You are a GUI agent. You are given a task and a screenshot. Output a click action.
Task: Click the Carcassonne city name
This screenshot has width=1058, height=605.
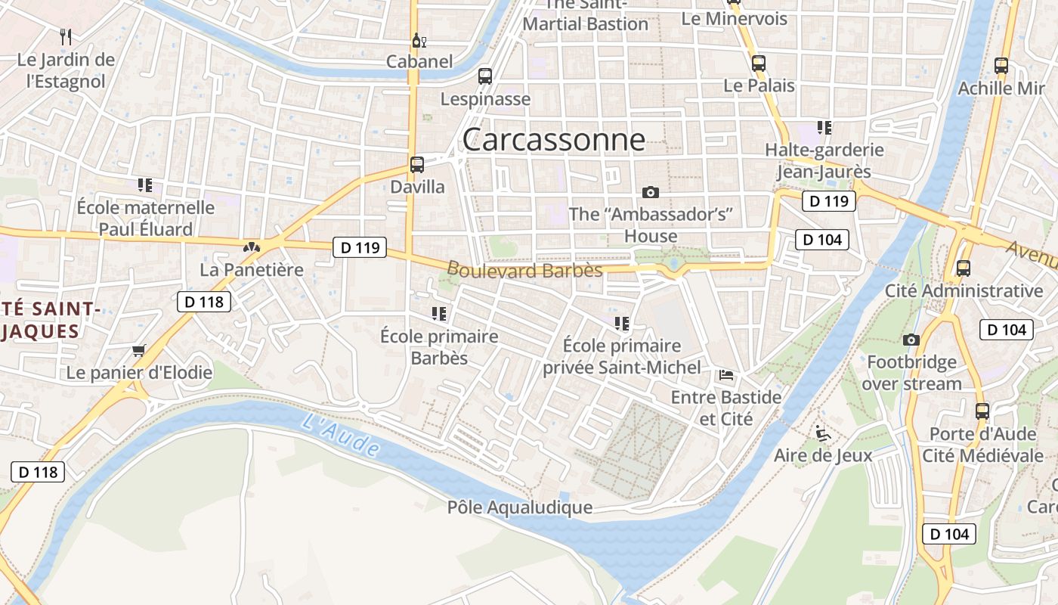pos(553,140)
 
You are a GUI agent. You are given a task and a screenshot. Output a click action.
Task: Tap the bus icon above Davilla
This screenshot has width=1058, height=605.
pos(416,164)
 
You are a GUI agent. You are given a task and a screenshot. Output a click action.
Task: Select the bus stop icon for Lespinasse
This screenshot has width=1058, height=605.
pos(485,76)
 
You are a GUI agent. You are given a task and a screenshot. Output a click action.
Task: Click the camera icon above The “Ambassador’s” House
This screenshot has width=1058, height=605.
pos(650,192)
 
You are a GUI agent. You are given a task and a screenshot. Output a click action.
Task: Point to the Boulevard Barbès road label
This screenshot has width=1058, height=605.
pos(524,270)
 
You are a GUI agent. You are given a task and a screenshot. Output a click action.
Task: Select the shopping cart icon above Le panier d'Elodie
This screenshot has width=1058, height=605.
pos(138,351)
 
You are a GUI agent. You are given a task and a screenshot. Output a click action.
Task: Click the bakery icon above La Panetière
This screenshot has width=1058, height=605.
pos(252,247)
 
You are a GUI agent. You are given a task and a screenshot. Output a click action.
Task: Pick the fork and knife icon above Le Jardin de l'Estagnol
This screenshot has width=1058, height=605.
pos(66,36)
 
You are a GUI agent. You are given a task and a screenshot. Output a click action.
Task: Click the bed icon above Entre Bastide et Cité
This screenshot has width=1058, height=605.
pos(726,374)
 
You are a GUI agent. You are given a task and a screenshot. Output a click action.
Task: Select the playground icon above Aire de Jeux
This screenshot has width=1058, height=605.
pos(823,433)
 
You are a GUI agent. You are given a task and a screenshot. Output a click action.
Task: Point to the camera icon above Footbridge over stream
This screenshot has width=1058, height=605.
pos(911,340)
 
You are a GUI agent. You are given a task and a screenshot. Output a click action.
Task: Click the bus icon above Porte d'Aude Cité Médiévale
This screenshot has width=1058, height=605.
pos(982,411)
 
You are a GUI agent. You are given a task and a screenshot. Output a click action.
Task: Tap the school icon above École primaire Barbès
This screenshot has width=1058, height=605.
pos(439,313)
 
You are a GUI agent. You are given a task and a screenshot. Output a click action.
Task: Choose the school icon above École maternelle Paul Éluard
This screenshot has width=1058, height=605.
pos(145,185)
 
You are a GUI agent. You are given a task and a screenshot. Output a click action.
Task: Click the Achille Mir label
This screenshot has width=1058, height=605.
pos(1001,88)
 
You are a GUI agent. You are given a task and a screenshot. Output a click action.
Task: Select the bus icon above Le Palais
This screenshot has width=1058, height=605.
pos(759,64)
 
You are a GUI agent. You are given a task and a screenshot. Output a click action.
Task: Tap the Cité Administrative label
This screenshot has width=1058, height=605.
pos(964,290)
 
